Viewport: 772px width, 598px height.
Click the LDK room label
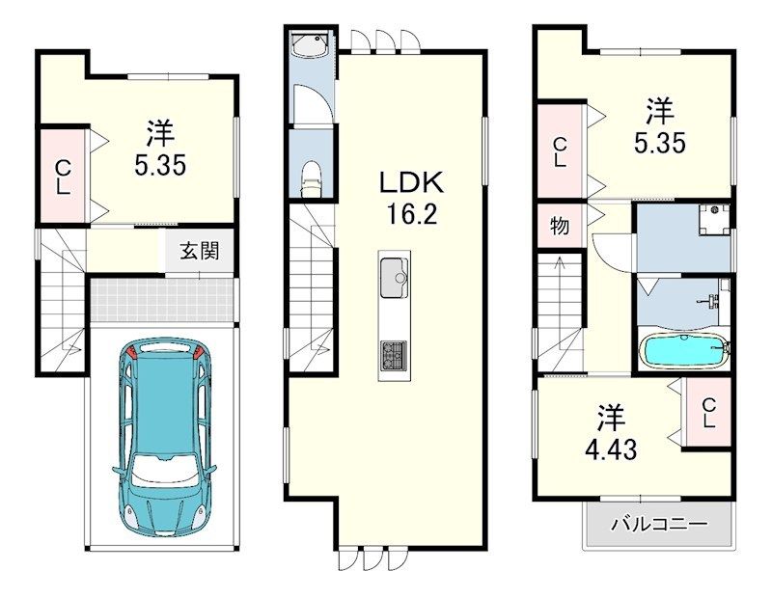point(411,182)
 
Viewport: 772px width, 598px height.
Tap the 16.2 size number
point(412,213)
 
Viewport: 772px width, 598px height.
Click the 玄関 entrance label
point(199,251)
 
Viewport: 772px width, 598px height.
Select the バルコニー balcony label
point(659,524)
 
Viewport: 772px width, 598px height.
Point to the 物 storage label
point(560,226)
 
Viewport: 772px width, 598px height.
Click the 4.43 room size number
point(611,448)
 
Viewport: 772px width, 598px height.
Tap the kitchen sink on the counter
point(394,278)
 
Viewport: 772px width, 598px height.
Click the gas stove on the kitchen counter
point(394,355)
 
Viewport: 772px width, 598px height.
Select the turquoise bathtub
point(685,350)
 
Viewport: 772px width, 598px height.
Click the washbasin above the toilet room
point(310,43)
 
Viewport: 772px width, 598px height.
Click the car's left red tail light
point(131,353)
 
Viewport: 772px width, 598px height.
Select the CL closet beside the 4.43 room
point(707,413)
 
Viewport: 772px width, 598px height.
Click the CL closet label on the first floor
point(63,177)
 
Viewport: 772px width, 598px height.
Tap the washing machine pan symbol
point(714,220)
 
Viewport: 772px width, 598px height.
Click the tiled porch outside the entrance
point(162,300)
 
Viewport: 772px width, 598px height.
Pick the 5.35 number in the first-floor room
point(160,165)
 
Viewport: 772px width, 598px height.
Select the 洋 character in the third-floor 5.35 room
point(660,111)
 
